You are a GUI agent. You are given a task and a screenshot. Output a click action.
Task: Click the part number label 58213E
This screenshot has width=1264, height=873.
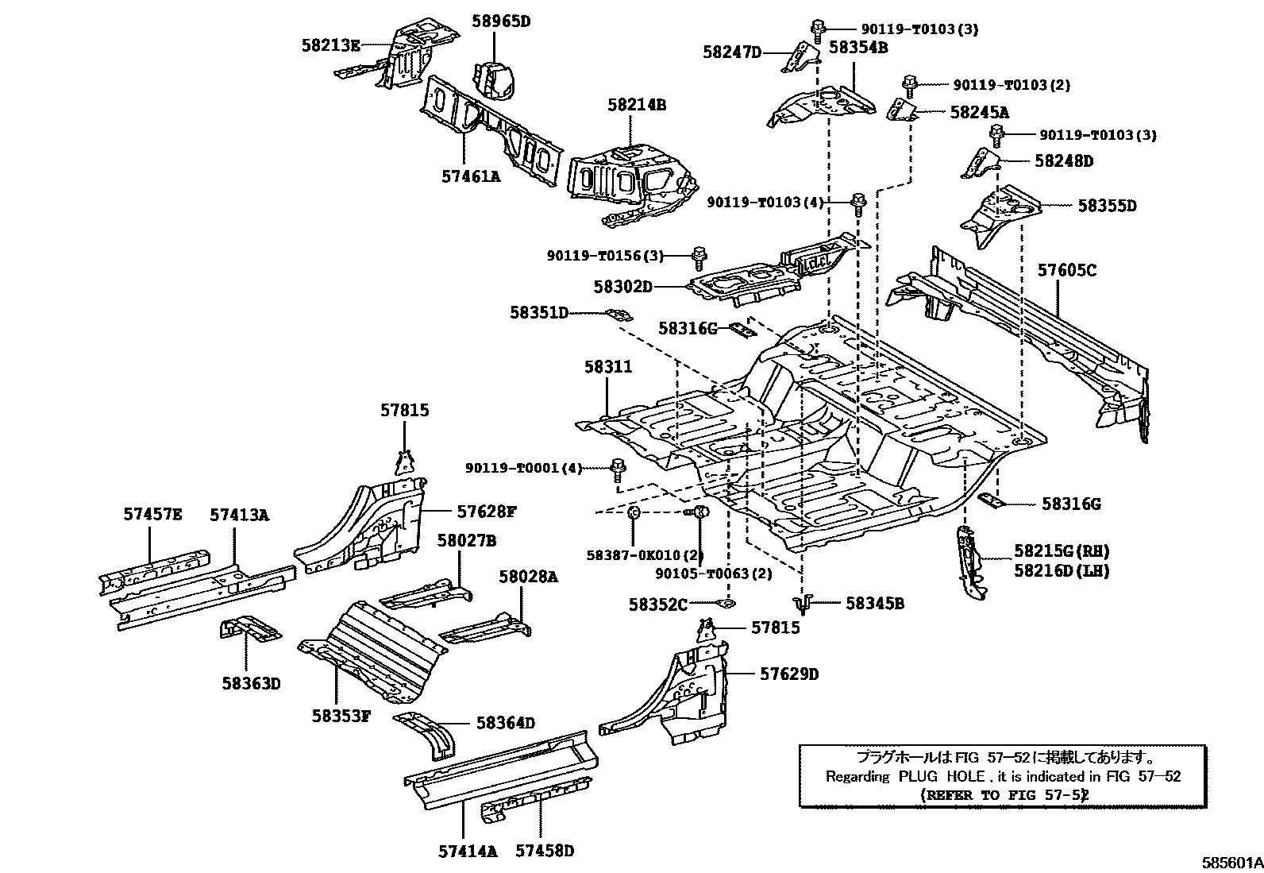point(330,46)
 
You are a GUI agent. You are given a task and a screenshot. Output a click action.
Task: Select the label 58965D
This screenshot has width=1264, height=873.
point(500,21)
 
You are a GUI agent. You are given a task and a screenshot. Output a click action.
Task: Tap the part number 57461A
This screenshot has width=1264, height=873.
point(471,176)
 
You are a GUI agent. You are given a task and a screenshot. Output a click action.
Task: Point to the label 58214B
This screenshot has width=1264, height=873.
point(637,104)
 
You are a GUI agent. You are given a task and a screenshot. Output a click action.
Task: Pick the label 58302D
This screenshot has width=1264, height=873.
point(622,286)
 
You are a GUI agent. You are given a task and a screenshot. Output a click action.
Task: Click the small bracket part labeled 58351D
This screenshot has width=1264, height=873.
point(619,315)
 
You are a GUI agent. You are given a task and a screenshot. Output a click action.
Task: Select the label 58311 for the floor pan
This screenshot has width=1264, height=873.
point(608,367)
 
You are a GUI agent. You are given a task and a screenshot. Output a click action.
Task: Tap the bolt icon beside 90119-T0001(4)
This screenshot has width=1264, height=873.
point(617,469)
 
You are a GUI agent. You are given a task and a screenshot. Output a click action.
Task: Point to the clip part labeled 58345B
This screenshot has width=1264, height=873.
point(804,605)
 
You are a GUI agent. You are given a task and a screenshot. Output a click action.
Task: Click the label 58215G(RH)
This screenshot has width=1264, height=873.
point(1061,551)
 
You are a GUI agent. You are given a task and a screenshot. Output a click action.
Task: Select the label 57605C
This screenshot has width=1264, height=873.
point(1066,271)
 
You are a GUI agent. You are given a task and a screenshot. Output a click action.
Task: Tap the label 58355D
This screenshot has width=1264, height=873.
point(1107,206)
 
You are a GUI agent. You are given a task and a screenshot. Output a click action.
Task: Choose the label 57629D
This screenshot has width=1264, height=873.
point(788,674)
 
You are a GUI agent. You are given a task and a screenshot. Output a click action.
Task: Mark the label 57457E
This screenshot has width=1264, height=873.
point(152,515)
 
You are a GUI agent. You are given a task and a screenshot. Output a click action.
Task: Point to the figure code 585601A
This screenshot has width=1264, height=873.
point(1230,862)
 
